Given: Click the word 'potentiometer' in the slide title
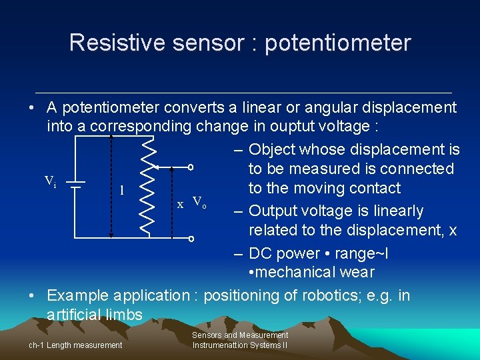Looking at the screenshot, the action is point(338,43).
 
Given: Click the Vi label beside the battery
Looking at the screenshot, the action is point(51,181).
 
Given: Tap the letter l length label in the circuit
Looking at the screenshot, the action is point(121,190).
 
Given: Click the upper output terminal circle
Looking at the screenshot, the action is point(190,167).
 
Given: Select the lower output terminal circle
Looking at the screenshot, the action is point(190,238).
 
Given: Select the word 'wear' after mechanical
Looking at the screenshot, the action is point(358,272).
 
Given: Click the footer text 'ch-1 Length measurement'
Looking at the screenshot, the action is point(75,345).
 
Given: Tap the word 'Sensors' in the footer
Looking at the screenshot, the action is point(207,335).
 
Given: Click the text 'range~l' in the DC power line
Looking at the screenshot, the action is point(364,253).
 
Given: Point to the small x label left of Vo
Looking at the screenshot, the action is point(180,205).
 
